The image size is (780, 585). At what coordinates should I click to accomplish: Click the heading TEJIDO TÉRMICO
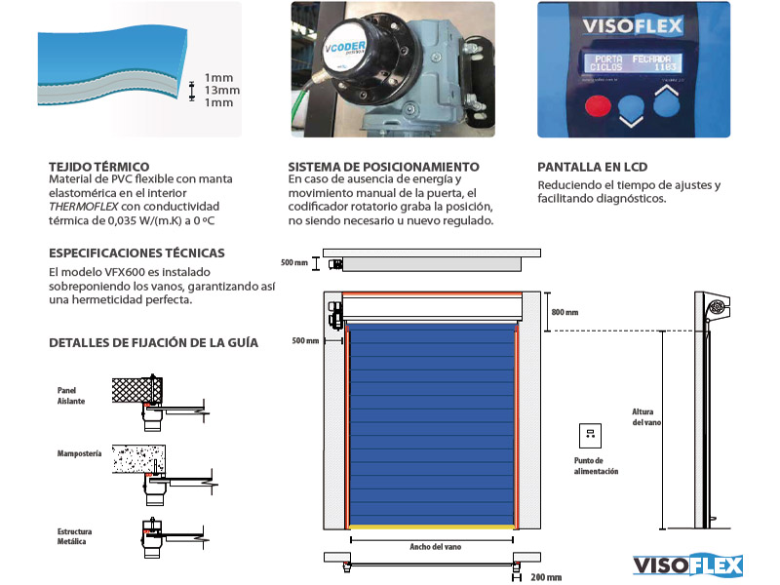pos(98,167)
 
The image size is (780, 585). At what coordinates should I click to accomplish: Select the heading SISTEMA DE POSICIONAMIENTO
pos(383,167)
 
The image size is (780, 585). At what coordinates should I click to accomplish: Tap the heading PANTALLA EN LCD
pos(592,167)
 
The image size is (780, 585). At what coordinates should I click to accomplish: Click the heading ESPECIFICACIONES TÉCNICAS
pos(136,252)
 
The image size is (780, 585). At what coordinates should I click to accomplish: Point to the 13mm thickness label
pos(221,90)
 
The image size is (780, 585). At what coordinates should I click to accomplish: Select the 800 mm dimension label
pos(565,312)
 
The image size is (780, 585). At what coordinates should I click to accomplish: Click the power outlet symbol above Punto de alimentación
pos(589,434)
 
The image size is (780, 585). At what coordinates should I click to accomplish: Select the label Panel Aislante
pos(71,396)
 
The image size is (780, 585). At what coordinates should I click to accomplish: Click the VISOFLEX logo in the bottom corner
pos(688,565)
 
